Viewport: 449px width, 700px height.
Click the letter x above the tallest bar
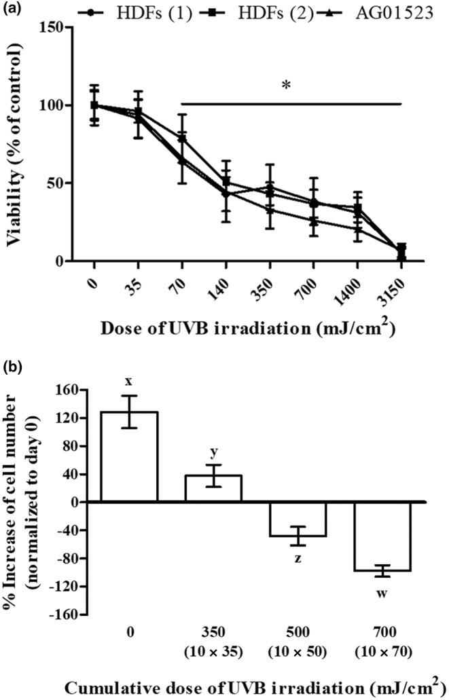click(x=128, y=380)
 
